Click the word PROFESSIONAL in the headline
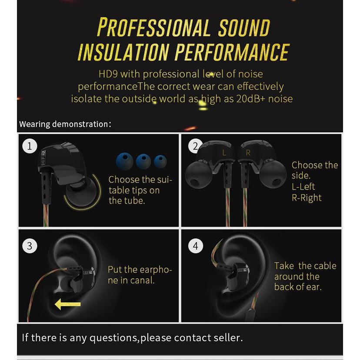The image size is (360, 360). click(153, 27)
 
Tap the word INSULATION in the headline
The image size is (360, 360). click(123, 52)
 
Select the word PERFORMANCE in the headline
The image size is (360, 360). click(232, 52)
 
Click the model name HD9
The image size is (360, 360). click(108, 74)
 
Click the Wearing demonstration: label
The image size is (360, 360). click(65, 124)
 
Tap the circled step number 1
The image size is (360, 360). click(30, 146)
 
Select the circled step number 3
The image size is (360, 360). click(30, 246)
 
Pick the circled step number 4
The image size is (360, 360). click(196, 246)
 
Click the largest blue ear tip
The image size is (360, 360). click(125, 161)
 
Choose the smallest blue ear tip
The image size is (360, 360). click(160, 161)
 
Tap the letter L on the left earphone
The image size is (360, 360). click(224, 153)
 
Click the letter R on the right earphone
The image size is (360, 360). click(248, 153)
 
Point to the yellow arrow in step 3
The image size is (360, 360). click(68, 304)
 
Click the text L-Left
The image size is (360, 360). click(303, 187)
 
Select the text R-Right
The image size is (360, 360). click(307, 198)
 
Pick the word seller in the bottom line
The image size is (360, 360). click(228, 338)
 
